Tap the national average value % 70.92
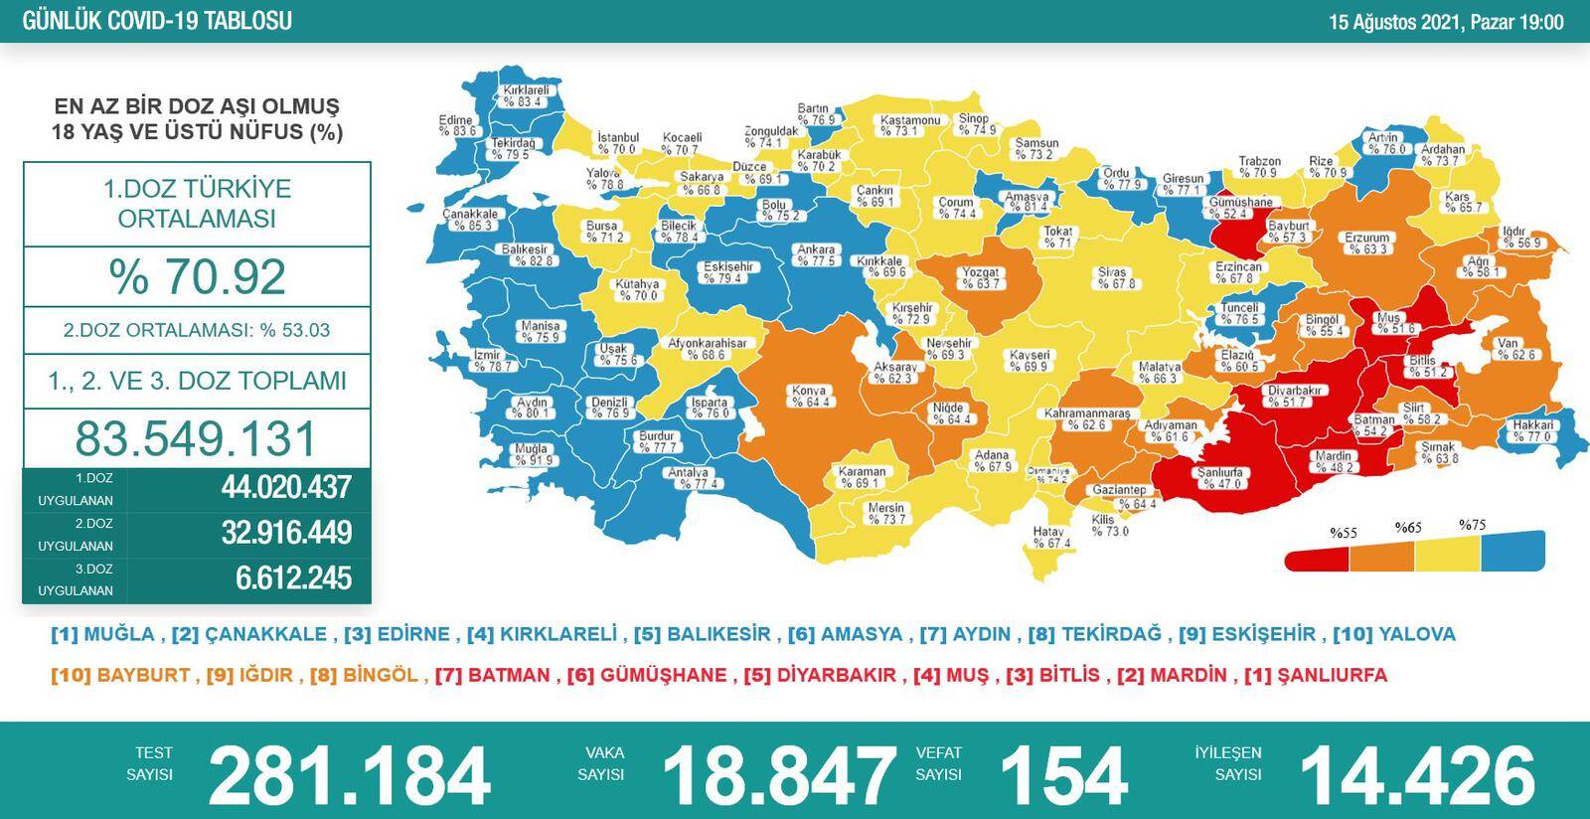tap(197, 276)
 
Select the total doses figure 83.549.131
tap(196, 438)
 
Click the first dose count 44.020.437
tap(286, 487)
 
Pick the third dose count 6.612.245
tap(293, 577)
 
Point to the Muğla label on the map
tap(532, 454)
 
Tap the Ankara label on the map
tap(816, 255)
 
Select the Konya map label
tap(810, 397)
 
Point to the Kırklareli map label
tap(523, 95)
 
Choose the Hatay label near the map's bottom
tap(1050, 537)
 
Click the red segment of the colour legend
tap(1317, 560)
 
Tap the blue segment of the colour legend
tap(1513, 551)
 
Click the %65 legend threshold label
tap(1408, 528)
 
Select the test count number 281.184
tap(349, 775)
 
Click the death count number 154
tap(1062, 775)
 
